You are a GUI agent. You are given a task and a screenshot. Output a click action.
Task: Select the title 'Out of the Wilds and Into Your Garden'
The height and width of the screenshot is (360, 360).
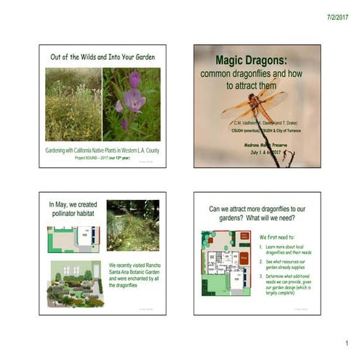tap(102, 56)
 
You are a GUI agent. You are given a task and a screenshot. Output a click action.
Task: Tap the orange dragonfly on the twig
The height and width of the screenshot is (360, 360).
tap(254, 104)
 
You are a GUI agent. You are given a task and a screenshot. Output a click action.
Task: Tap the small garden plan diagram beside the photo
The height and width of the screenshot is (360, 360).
tap(72, 239)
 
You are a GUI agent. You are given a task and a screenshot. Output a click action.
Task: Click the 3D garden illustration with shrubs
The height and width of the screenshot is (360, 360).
tap(75, 284)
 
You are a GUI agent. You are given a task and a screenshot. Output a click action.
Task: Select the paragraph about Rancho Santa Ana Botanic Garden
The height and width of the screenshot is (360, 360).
tap(134, 275)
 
